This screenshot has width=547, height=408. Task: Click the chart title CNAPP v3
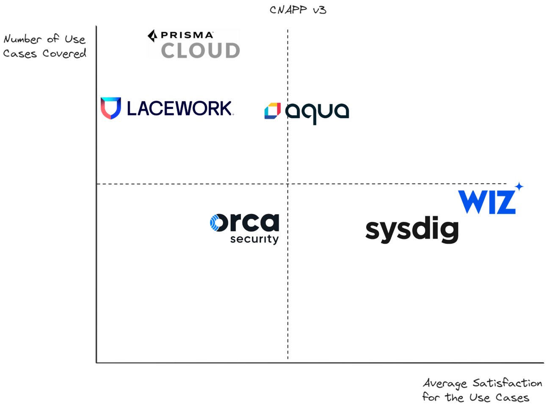(298, 10)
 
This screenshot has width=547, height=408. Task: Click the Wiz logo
(487, 202)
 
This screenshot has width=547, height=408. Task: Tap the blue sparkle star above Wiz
(519, 186)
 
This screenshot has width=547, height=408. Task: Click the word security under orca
(254, 239)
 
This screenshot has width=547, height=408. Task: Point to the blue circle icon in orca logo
(215, 223)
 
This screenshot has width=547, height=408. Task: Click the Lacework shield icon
(111, 108)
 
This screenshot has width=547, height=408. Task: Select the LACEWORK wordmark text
(180, 108)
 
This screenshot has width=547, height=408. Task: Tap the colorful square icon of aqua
(272, 111)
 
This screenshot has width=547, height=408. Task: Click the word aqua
(317, 112)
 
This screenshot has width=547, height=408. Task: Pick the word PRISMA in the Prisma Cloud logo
(187, 35)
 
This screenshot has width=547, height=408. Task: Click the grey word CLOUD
(200, 51)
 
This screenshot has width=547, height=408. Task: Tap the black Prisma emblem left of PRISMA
(152, 36)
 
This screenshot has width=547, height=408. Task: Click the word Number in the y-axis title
(22, 39)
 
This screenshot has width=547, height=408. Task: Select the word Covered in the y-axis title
(64, 54)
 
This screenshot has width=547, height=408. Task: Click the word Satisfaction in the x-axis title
(507, 383)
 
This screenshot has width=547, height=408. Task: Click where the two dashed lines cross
(288, 184)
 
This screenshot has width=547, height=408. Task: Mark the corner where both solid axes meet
(97, 363)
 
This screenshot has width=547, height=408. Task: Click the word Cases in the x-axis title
(512, 398)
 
